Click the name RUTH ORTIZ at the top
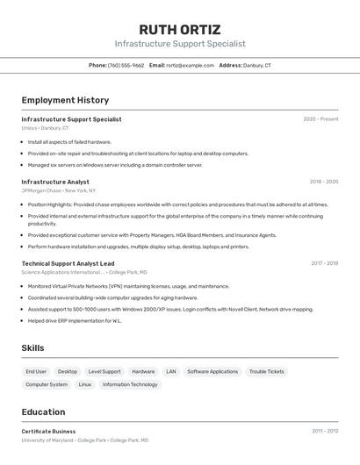click(180, 29)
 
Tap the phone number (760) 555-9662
click(126, 65)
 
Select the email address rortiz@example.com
click(190, 65)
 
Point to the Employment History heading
click(65, 100)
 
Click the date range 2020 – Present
click(320, 119)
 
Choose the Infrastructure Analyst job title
click(55, 182)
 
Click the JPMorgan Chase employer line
click(59, 190)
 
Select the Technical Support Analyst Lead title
click(68, 263)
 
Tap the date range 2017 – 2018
click(324, 263)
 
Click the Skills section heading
click(32, 348)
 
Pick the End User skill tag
click(36, 371)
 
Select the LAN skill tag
click(170, 371)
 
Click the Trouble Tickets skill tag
click(267, 371)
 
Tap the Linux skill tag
click(84, 384)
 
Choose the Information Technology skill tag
click(130, 384)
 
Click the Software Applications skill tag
click(212, 371)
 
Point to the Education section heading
click(43, 411)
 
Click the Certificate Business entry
click(48, 432)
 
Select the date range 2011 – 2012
click(325, 431)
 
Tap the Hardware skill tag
click(143, 371)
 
